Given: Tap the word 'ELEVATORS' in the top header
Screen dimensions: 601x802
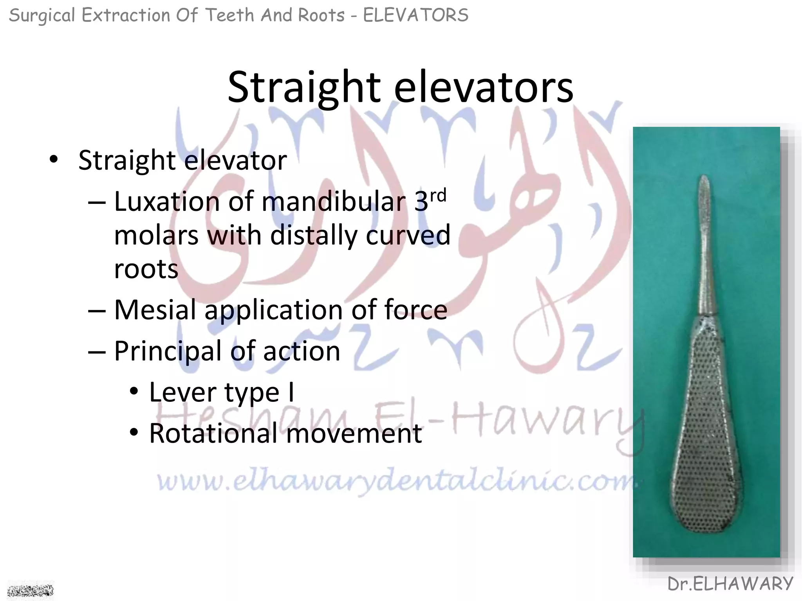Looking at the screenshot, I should coord(415,16).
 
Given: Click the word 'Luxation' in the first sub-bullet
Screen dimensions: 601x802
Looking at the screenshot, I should coord(167,202).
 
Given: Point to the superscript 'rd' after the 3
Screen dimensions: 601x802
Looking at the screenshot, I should coord(438,195).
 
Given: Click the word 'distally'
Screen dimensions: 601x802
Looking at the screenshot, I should coord(313,236).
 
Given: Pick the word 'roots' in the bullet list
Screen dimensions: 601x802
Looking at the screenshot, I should coord(146,269).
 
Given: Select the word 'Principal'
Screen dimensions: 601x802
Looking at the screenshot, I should coord(167,351).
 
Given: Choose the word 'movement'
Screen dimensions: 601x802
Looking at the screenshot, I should coord(354,434).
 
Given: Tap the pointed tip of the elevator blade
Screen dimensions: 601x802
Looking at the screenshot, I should coord(704,178).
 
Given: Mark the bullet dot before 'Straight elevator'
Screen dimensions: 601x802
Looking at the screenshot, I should coord(54,160).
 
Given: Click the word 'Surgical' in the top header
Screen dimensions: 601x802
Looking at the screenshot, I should coord(42,16).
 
